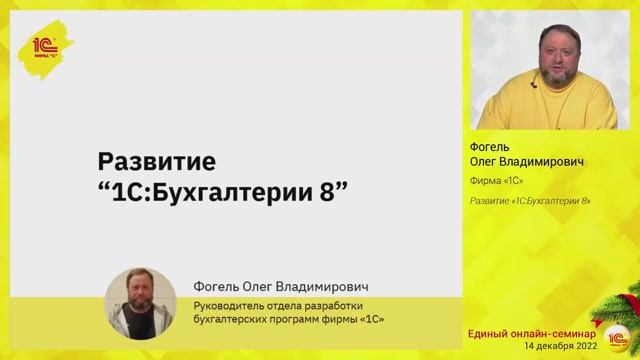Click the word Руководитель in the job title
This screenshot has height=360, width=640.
point(226,304)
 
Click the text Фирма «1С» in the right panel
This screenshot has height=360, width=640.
point(497,181)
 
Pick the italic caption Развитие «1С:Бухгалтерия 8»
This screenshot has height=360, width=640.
point(530,201)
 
